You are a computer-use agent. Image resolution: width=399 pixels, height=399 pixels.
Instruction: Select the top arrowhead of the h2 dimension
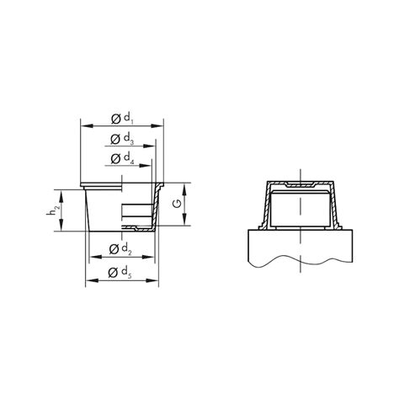coord(60,190)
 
